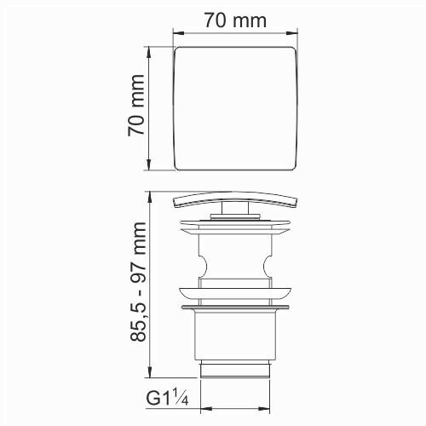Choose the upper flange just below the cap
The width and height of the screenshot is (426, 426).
click(235, 227)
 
